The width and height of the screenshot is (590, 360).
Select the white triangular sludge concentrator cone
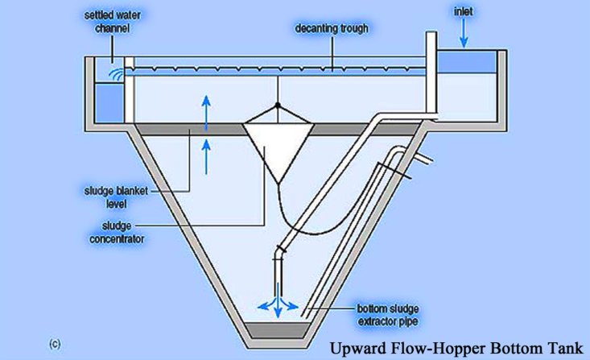(277, 145)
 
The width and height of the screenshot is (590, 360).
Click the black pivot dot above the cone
(277, 105)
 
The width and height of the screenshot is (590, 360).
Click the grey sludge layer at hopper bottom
(276, 329)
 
